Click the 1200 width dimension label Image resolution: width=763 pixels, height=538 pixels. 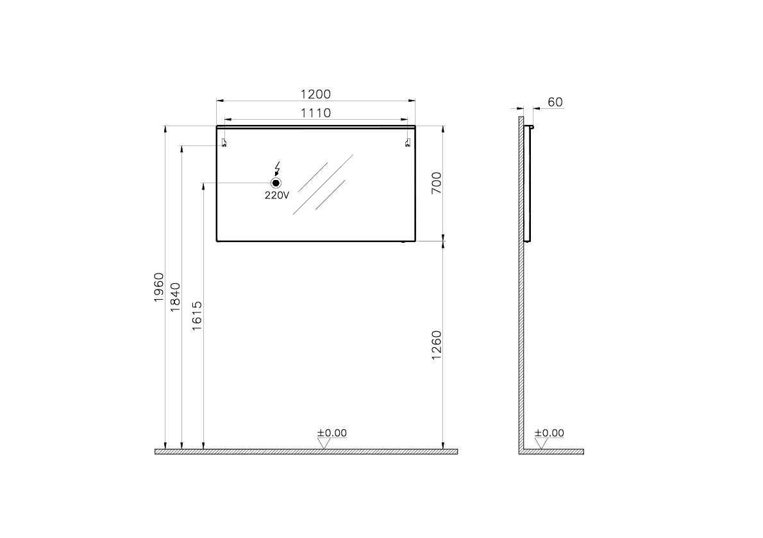(x=315, y=94)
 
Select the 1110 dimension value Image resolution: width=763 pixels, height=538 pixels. (x=315, y=113)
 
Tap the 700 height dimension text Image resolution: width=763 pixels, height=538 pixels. (x=435, y=183)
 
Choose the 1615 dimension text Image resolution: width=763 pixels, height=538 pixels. (x=197, y=316)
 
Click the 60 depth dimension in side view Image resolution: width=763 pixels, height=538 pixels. (x=555, y=102)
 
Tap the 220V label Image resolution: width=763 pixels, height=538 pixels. (x=277, y=196)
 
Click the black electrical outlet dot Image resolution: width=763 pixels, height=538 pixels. (x=276, y=183)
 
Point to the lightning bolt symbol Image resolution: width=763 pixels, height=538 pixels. (x=277, y=168)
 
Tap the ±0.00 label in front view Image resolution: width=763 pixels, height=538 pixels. (x=331, y=433)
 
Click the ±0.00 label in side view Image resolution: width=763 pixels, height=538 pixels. (x=549, y=433)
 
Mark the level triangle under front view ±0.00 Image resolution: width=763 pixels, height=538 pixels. (x=324, y=443)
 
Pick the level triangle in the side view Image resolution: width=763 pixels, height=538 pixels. (x=542, y=443)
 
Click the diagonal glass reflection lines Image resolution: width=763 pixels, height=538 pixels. (x=324, y=183)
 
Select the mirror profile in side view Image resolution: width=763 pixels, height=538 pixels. (x=528, y=183)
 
